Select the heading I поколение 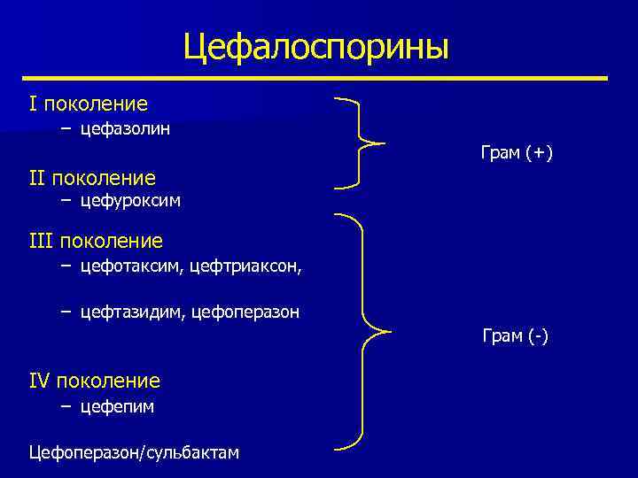pos(88,104)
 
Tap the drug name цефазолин pos(125,129)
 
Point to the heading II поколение pos(92,178)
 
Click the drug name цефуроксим pos(130,201)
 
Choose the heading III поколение pos(96,241)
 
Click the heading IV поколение pos(95,382)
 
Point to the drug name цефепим pos(117,406)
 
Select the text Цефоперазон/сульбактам pos(134,453)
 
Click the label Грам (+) pos(517,153)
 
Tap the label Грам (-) pos(515,336)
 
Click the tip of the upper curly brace pos(384,143)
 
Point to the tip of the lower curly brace pos(390,332)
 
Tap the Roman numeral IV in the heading pos(40,382)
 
